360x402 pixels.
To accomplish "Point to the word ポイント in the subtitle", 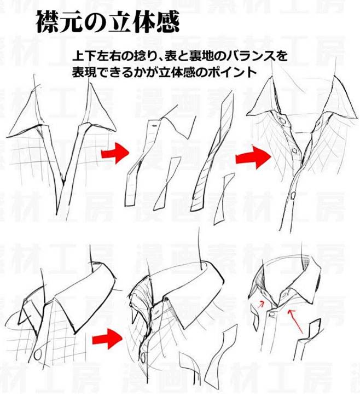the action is coord(233,72).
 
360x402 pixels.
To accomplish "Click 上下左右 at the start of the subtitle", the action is coord(97,56).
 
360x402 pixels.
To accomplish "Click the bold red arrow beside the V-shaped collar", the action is coord(115,153).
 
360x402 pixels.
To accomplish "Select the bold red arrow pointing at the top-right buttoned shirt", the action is coord(253,157).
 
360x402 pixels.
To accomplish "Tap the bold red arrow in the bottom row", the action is coord(107,339).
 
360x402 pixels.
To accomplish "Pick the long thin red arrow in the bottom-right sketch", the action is coord(295,322).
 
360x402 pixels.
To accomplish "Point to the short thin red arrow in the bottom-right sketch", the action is coord(261,304).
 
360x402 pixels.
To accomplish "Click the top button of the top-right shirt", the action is coord(283,120).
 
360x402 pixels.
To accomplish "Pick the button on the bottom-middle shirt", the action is coord(143,357).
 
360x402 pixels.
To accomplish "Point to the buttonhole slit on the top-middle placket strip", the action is coord(155,126).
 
